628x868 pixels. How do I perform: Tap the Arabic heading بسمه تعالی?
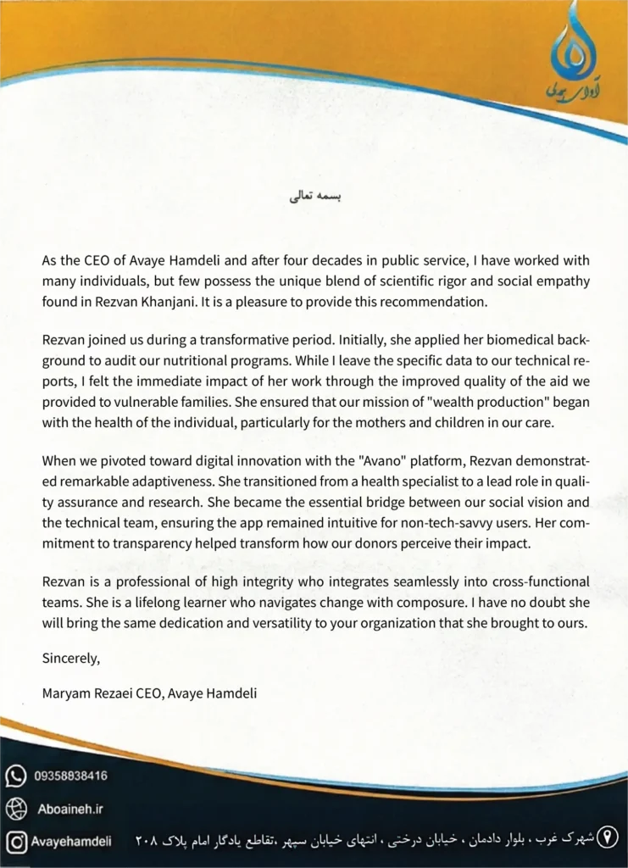314,198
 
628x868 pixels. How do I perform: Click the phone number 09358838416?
71,776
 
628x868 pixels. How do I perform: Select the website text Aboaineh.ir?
70,809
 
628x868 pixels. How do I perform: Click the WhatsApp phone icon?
16,776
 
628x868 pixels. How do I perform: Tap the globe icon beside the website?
16,809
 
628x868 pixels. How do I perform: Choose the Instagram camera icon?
16,841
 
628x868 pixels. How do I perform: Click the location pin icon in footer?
607,840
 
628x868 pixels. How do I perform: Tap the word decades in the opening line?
319,261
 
